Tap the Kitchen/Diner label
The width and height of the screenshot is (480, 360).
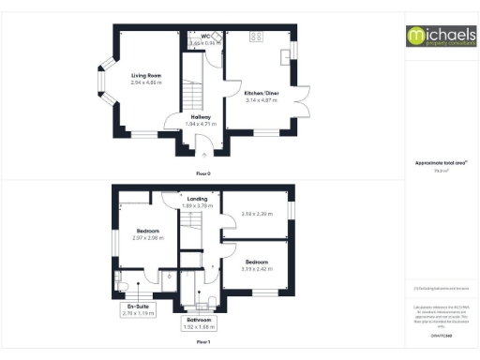(261, 94)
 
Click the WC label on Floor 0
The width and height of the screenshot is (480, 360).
(205, 37)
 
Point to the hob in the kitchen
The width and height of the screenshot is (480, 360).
(256, 37)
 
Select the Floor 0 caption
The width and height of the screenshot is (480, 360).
(202, 173)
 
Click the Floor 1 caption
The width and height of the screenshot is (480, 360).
(202, 342)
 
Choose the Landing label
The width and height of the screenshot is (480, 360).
(197, 199)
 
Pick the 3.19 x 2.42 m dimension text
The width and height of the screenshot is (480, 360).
(256, 269)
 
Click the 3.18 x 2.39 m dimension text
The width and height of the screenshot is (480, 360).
(256, 215)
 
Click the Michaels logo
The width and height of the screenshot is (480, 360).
(440, 36)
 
